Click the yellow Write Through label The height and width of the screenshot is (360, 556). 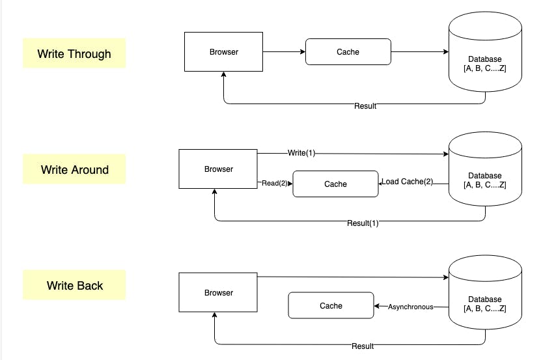coord(74,53)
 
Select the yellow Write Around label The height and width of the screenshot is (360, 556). coord(74,169)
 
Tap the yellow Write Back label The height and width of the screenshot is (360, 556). coord(74,285)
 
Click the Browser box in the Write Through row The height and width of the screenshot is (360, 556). coord(223,52)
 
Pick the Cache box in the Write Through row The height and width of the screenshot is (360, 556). coord(348,52)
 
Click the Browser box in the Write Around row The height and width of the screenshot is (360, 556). coord(218,169)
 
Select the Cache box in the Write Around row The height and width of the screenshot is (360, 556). coord(335,184)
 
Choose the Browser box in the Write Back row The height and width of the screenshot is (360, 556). coord(218,293)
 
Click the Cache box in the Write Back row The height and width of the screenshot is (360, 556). coord(331,305)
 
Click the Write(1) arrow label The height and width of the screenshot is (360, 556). coord(301,152)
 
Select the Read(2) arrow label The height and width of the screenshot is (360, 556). coord(275,183)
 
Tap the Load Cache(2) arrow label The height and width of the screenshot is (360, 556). coord(408,182)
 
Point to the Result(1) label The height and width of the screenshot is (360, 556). coord(362,223)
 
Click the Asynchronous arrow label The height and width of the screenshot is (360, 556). coord(410,307)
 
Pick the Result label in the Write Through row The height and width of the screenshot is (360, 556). coord(365,105)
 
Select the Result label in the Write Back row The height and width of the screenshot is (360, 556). coord(362,346)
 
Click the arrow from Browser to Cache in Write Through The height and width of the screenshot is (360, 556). coord(283,51)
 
